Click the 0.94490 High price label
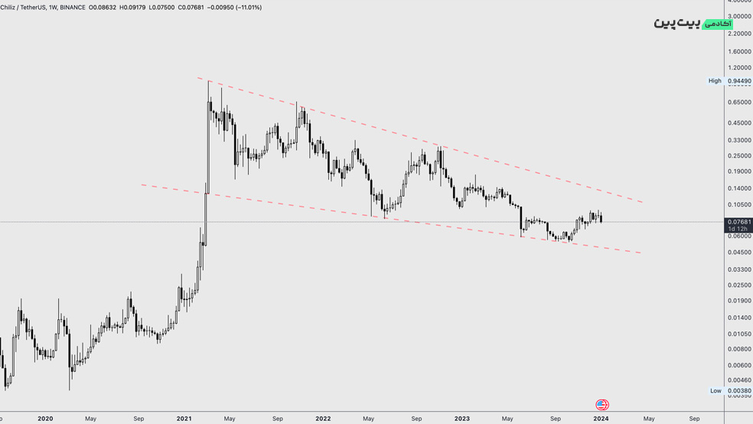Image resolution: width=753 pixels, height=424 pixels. pyautogui.click(x=738, y=80)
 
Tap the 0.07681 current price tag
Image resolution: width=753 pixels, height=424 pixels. pyautogui.click(x=738, y=221)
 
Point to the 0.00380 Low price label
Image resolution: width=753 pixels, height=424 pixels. pyautogui.click(x=738, y=390)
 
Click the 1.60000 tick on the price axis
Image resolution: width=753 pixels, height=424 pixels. pyautogui.click(x=738, y=52)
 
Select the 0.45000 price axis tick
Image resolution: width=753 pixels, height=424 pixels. pyautogui.click(x=738, y=122)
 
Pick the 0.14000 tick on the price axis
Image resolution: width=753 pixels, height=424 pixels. pyautogui.click(x=738, y=188)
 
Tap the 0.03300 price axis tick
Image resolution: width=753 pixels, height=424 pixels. pyautogui.click(x=738, y=269)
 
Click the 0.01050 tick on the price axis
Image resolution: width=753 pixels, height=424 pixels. pyautogui.click(x=738, y=334)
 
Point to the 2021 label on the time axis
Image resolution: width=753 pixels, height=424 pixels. pyautogui.click(x=184, y=419)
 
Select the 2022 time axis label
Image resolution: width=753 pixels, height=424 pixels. pyautogui.click(x=323, y=419)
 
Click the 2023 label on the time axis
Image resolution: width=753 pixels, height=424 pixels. pyautogui.click(x=461, y=419)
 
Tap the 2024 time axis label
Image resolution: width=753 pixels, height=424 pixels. pyautogui.click(x=601, y=419)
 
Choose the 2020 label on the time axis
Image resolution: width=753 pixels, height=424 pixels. pyautogui.click(x=45, y=419)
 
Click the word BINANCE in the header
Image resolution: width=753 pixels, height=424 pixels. pyautogui.click(x=73, y=8)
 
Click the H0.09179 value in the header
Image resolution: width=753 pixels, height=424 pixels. pyautogui.click(x=129, y=8)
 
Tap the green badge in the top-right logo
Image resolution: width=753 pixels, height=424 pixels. pyautogui.click(x=718, y=24)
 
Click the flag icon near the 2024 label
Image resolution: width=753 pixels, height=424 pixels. pyautogui.click(x=602, y=405)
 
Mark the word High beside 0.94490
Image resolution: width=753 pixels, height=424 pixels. pyautogui.click(x=715, y=80)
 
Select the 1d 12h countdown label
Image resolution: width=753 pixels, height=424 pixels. pyautogui.click(x=738, y=229)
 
